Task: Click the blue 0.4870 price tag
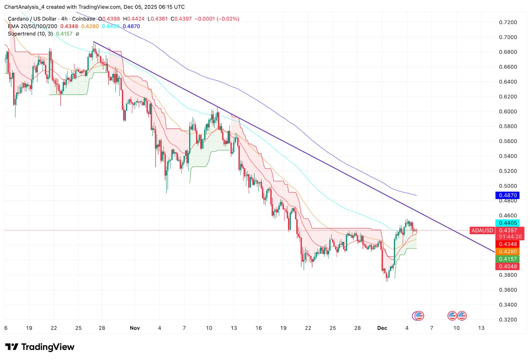coord(507,195)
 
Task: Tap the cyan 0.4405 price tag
coord(507,223)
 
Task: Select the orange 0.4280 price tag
coord(507,252)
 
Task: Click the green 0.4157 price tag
coord(507,259)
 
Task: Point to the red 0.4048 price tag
coord(507,266)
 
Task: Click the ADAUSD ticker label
coord(482,230)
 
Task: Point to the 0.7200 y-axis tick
coord(508,22)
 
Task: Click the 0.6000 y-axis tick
coord(508,112)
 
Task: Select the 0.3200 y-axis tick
coord(508,319)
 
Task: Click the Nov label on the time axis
coord(135,328)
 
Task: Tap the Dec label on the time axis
coord(382,328)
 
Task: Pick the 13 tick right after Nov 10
coord(234,328)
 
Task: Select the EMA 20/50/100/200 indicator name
coord(33,26)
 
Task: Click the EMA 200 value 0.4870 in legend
coord(131,26)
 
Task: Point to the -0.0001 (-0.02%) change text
coord(217,19)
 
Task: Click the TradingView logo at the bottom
coord(40,347)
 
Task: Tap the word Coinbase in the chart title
coord(83,19)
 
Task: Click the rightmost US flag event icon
coord(462,315)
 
